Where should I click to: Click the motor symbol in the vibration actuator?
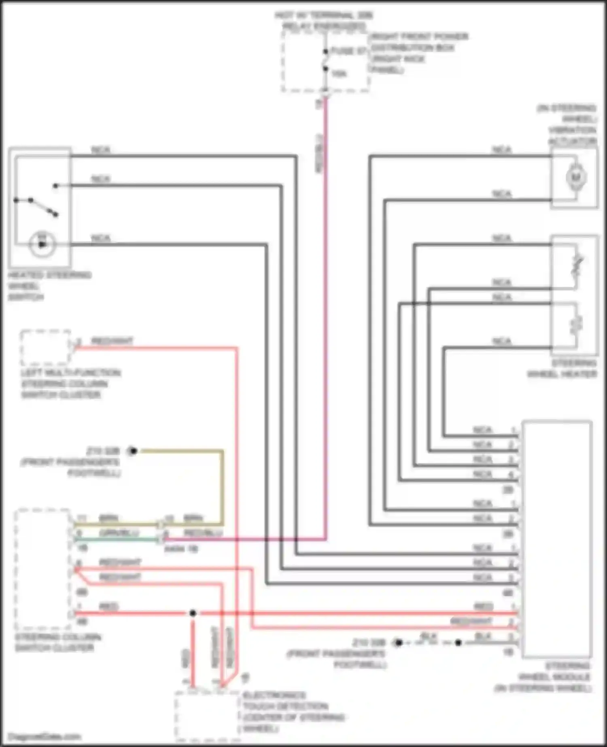(x=575, y=177)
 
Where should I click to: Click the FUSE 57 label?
(x=349, y=51)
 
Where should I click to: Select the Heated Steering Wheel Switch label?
(x=49, y=286)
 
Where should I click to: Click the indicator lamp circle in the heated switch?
(x=42, y=244)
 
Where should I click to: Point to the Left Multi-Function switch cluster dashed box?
(x=45, y=348)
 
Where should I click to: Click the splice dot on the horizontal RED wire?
(x=193, y=613)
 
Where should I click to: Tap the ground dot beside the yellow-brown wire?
(x=133, y=450)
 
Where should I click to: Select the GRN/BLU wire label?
(x=119, y=533)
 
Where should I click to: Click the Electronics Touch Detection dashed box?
(x=207, y=715)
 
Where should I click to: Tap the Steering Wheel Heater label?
(x=562, y=369)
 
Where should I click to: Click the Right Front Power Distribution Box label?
(x=419, y=53)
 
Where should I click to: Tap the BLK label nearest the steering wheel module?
(x=483, y=637)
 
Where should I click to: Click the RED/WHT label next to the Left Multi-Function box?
(x=112, y=341)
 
